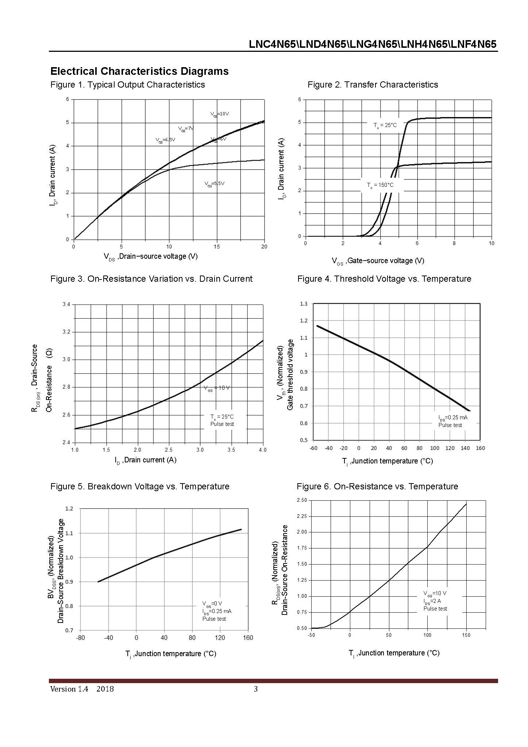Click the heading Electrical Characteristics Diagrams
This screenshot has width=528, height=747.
point(139,71)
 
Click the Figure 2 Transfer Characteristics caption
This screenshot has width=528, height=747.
point(373,85)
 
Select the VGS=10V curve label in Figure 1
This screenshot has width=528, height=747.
point(220,114)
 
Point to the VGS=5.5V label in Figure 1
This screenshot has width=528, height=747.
point(214,184)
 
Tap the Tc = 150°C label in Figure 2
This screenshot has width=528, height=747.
point(380,185)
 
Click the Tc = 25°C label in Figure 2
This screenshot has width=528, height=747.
point(385,125)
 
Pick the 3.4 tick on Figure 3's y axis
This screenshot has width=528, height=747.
point(66,304)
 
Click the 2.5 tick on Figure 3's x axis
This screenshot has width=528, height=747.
point(169,450)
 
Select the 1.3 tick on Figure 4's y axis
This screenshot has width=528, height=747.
point(304,304)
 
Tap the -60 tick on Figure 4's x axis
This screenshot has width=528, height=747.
point(313,448)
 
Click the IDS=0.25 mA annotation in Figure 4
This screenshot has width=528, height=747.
point(453,417)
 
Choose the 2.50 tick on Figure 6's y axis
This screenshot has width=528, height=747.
point(302,500)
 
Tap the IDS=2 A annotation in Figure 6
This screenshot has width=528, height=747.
point(432,601)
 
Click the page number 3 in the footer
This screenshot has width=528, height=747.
point(256,689)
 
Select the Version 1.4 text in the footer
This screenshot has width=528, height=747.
point(69,689)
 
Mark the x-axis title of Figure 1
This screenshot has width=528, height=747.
point(151,257)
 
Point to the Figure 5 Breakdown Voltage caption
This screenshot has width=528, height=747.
point(140,486)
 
